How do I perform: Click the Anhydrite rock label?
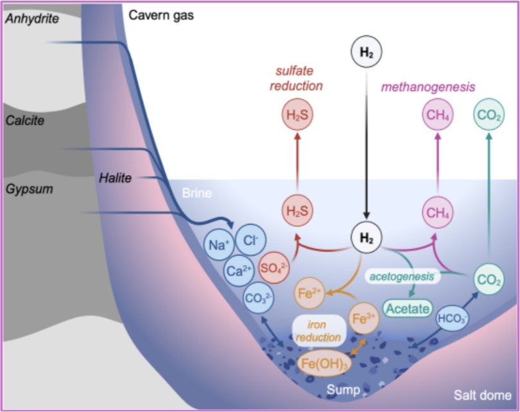coord(31,19)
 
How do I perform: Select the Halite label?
coord(116,178)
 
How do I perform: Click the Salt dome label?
coord(482,395)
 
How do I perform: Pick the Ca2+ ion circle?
coord(238,271)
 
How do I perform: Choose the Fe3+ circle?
coord(363,318)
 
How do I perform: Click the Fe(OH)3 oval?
coord(327,363)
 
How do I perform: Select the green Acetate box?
coord(406,309)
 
